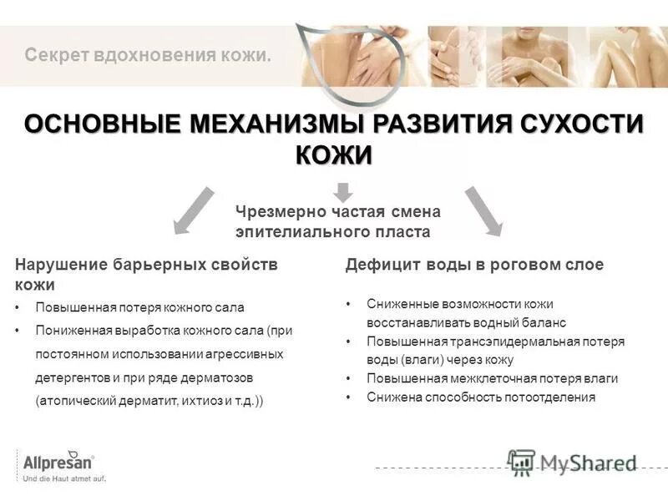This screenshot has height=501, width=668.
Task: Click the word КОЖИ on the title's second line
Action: click(334, 155)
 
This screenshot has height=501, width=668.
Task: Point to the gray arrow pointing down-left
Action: click(193, 210)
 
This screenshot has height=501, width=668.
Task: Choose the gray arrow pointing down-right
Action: click(483, 210)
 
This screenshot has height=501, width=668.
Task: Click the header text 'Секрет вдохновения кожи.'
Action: click(149, 57)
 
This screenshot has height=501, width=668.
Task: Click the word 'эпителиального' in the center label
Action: click(290, 232)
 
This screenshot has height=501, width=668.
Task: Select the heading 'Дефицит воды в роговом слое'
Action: click(474, 265)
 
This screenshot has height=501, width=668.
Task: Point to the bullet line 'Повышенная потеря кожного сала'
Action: click(139, 307)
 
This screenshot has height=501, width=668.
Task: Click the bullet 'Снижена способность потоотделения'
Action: click(481, 397)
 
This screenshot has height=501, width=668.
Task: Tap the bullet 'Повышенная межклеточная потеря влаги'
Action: click(492, 378)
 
